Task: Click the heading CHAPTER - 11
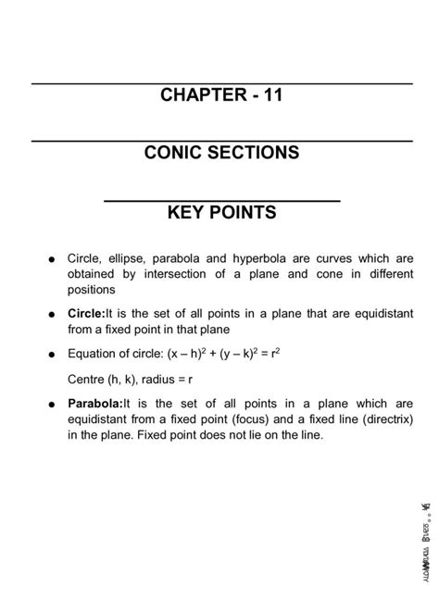tap(221, 95)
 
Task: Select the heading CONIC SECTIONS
tap(221, 153)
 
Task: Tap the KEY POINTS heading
tap(221, 212)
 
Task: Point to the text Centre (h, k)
tap(99, 378)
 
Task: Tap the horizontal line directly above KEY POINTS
tap(221, 199)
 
